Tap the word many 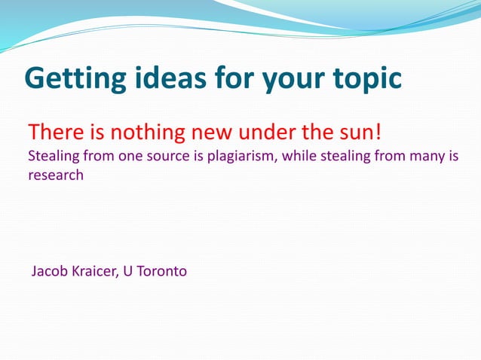pos(427,157)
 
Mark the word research pos(56,175)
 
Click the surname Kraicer pos(95,270)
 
